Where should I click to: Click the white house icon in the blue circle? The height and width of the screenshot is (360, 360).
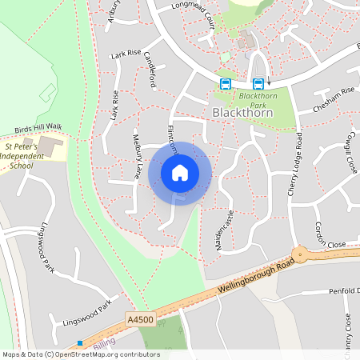pos(180,172)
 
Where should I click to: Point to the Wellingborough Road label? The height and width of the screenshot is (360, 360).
pos(247,279)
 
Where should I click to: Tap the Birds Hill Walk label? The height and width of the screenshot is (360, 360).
pos(38,127)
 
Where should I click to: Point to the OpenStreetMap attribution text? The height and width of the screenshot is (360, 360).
pos(80,354)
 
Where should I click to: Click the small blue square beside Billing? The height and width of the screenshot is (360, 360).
pos(80,343)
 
